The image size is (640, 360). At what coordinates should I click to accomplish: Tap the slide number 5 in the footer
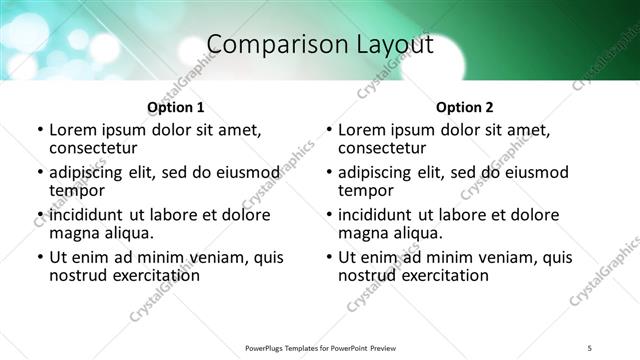click(590, 347)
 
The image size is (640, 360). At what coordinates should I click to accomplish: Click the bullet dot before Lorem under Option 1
click(40, 131)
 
